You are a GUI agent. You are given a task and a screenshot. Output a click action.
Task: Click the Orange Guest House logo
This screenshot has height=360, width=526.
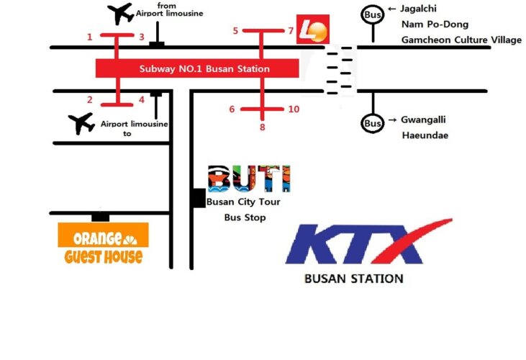tap(103, 244)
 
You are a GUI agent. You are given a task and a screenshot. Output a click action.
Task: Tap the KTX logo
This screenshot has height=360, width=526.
tap(368, 243)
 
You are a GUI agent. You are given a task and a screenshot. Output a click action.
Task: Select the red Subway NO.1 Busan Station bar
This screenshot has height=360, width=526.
tap(196, 69)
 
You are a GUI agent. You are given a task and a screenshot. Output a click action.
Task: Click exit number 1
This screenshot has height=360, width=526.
tap(90, 37)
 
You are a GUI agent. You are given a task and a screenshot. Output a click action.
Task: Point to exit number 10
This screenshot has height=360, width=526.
tap(293, 109)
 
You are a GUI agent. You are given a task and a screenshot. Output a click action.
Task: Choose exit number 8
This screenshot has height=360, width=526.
tap(263, 127)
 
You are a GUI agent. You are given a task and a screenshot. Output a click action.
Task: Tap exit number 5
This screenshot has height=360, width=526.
tap(235, 31)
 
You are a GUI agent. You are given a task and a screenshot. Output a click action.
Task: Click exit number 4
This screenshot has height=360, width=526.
tap(142, 100)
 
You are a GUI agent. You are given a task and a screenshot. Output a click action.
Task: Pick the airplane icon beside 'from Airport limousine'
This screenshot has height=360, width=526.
tap(119, 14)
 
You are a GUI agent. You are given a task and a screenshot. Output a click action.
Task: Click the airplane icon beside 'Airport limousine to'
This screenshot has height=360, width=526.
tap(81, 123)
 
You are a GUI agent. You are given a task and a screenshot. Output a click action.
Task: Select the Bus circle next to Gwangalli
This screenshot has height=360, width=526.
tap(373, 123)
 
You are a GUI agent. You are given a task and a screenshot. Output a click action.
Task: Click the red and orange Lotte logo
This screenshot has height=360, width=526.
tap(314, 30)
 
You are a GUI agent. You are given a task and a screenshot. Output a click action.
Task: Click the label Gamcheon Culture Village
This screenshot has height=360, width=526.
tap(461, 40)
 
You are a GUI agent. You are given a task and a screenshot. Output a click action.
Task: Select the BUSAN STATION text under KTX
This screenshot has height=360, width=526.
tap(353, 278)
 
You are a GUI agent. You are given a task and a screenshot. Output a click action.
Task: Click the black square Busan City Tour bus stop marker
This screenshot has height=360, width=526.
tap(198, 198)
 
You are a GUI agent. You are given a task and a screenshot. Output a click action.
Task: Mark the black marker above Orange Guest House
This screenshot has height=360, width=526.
tap(101, 216)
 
